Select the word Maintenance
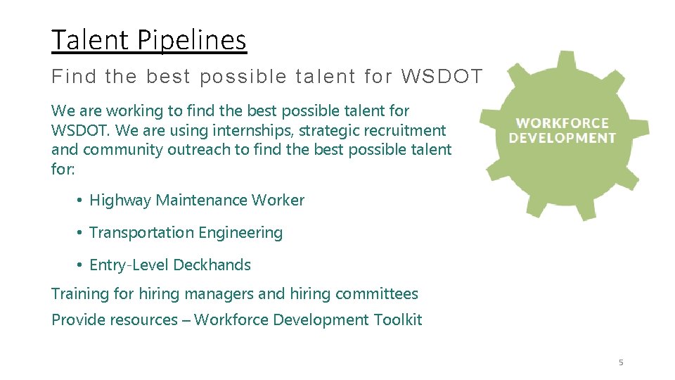(x=201, y=201)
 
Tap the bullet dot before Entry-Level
(x=81, y=265)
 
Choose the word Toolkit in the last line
(x=398, y=320)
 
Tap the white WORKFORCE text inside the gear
(x=562, y=123)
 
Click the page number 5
(x=621, y=362)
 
